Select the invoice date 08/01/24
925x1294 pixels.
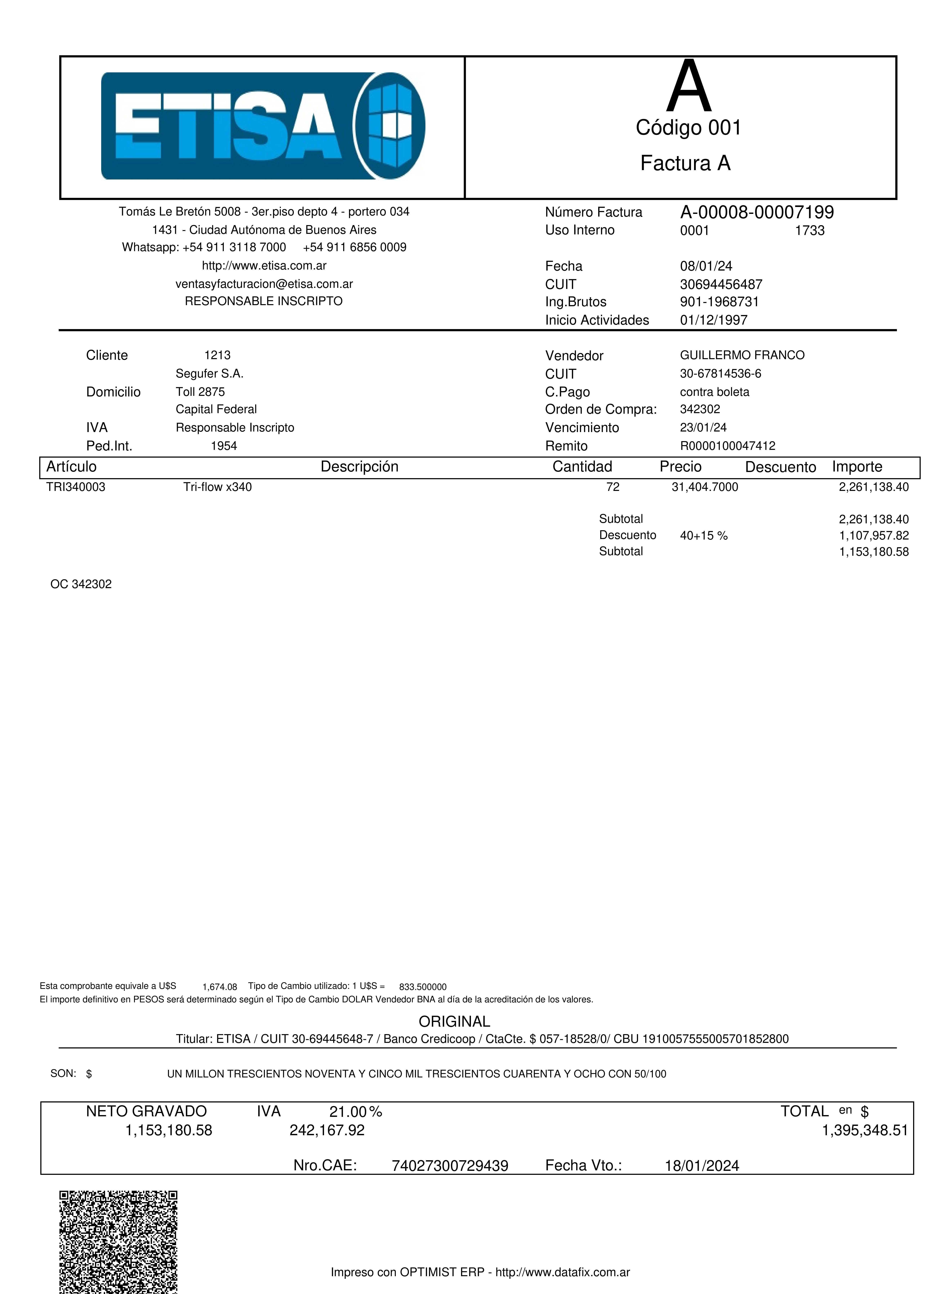coord(706,266)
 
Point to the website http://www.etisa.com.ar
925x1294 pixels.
coord(264,265)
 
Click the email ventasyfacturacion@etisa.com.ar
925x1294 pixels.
coord(264,284)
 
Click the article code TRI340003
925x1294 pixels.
coord(76,487)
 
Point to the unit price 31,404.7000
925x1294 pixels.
coord(705,487)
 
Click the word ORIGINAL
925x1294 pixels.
coord(454,1021)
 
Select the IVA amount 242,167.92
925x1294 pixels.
coord(327,1130)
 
